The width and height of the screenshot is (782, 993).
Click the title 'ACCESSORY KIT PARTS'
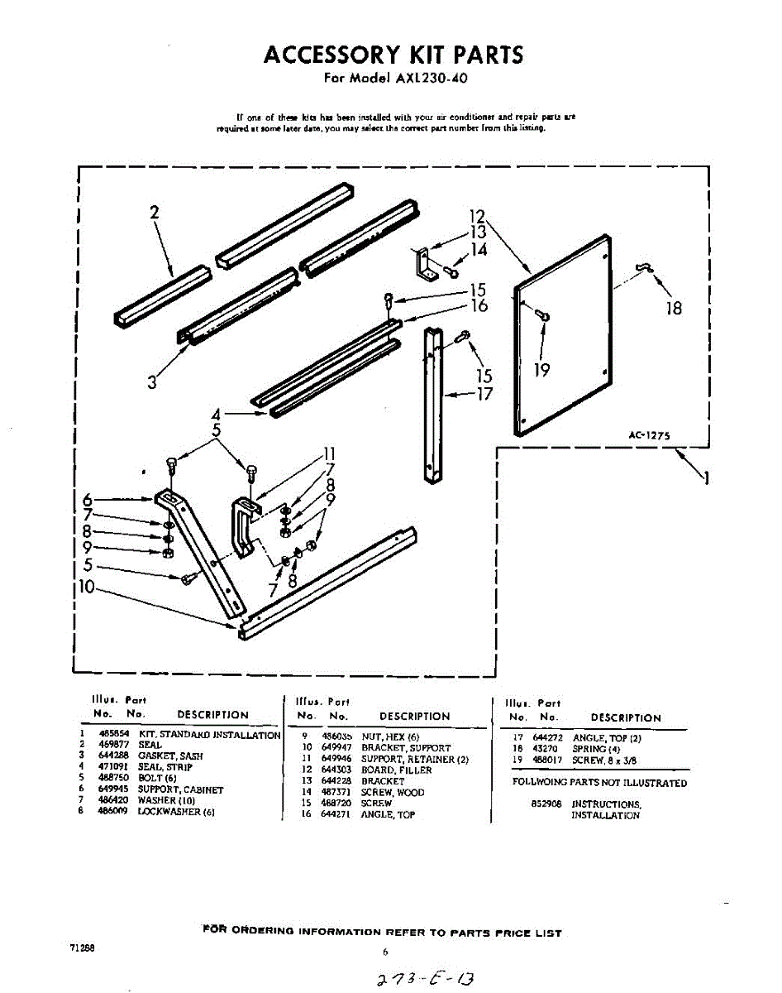(x=393, y=55)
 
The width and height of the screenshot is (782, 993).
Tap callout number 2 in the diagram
(x=155, y=212)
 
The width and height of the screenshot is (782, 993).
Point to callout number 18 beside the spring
(x=674, y=308)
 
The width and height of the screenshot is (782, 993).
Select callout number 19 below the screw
(x=541, y=370)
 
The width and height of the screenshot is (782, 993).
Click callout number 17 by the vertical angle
(x=484, y=395)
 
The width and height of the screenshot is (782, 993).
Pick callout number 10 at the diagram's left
(x=86, y=588)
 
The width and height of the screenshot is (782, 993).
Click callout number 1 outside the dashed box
(x=705, y=477)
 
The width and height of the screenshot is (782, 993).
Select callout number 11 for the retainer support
(x=329, y=453)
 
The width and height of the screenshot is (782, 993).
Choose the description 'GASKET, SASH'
(x=170, y=756)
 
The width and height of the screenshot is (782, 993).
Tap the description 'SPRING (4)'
(x=596, y=749)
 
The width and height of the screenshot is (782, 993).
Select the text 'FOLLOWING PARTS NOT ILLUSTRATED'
(x=599, y=783)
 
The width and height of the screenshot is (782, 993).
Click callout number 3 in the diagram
(x=152, y=382)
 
